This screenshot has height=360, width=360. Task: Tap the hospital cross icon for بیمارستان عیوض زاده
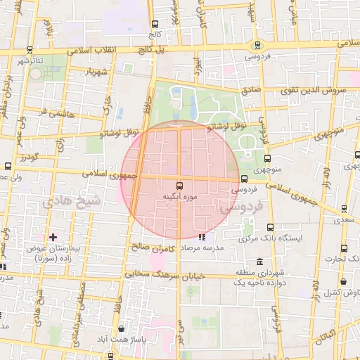click(53, 237)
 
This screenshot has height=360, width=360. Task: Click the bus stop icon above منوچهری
click(267, 158)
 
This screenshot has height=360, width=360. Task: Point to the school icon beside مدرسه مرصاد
click(202, 237)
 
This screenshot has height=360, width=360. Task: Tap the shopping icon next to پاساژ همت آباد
click(122, 328)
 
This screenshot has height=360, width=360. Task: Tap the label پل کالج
click(150, 51)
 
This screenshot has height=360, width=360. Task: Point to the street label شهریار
click(96, 72)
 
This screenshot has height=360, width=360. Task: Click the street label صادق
click(250, 90)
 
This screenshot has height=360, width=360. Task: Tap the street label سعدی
click(345, 220)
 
